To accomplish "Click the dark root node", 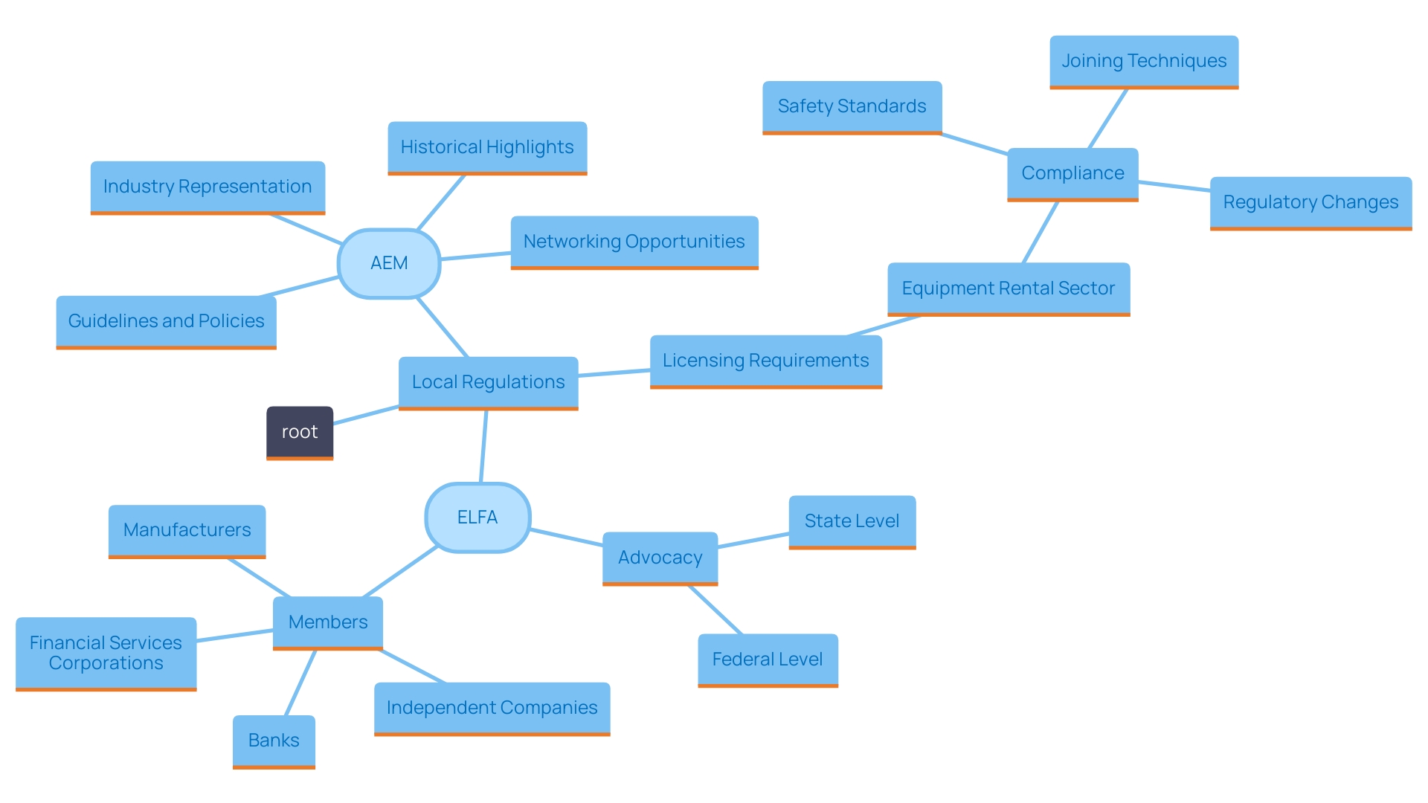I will tap(300, 432).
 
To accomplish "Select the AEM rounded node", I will tap(389, 263).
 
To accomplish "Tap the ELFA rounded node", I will tap(477, 517).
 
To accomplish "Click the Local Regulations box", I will tap(488, 382).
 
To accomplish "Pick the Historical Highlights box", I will tap(487, 147).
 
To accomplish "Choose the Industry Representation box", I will tap(208, 187).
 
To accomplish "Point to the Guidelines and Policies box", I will tap(166, 321).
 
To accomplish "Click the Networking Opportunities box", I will tap(634, 242).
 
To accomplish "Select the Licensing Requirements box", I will tap(765, 361).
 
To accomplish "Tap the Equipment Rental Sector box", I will tap(1008, 288).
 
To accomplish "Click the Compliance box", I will tap(1072, 173).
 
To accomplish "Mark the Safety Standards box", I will tap(852, 106).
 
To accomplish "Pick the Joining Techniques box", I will tap(1144, 61).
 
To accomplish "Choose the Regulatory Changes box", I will tap(1310, 202).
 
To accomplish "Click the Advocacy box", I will tap(660, 558).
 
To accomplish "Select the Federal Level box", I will tap(768, 660).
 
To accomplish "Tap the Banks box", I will tap(274, 741).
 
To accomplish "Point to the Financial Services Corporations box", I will tap(106, 653).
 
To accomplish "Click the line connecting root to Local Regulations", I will tap(366, 415).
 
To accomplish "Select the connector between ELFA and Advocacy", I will tap(566, 538).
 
